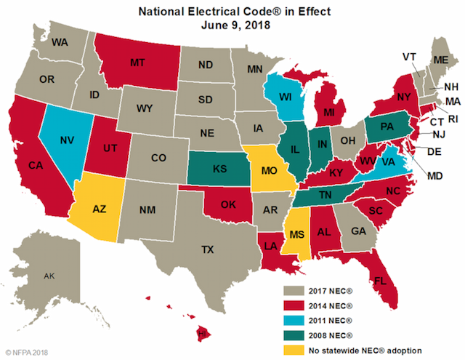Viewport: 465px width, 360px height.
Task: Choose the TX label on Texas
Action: (208, 249)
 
